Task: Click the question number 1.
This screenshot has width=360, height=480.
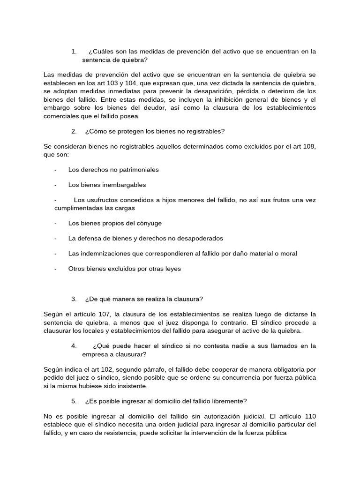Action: (x=74, y=52)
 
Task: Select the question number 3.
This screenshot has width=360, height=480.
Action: (x=74, y=299)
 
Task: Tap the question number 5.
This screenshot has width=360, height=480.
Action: (x=74, y=401)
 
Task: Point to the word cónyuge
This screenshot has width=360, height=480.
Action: (x=149, y=223)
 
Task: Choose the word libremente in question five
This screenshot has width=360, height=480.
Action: (x=225, y=401)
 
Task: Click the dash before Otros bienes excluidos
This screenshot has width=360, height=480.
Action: (x=56, y=269)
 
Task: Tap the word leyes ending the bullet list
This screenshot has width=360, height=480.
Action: (x=172, y=269)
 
